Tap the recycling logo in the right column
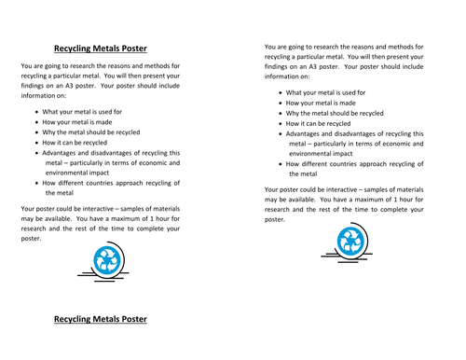click(x=350, y=242)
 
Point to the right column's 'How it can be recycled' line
click(x=319, y=123)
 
